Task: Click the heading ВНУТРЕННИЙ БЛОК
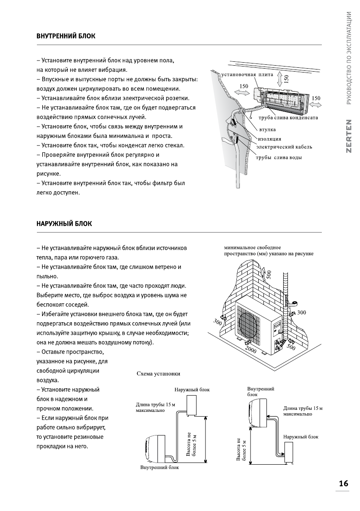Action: pyautogui.click(x=66, y=36)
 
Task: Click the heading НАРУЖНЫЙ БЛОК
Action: pyautogui.click(x=64, y=224)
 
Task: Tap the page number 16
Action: pyautogui.click(x=343, y=484)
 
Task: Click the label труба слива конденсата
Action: pyautogui.click(x=288, y=118)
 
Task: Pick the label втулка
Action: pyautogui.click(x=267, y=129)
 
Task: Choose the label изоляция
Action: pyautogui.click(x=269, y=139)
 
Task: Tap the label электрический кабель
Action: pyautogui.click(x=284, y=147)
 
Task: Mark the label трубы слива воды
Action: pyautogui.click(x=278, y=157)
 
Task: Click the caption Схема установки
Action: pyautogui.click(x=158, y=374)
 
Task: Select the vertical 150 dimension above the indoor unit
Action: pyautogui.click(x=287, y=78)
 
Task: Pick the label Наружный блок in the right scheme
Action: pyautogui.click(x=301, y=437)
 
